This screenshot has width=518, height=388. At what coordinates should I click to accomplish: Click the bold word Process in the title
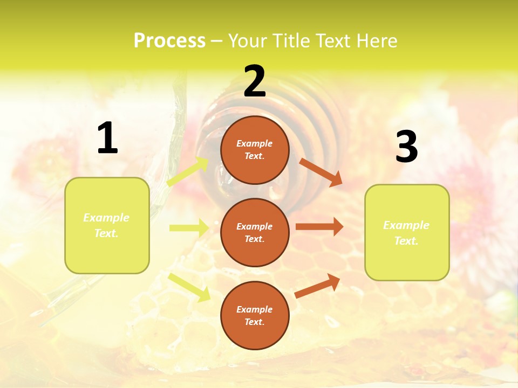[x=169, y=40]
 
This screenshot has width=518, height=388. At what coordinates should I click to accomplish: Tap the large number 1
[x=107, y=138]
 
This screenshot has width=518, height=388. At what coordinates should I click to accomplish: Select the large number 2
[x=255, y=81]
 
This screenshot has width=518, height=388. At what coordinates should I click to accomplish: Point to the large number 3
[x=407, y=147]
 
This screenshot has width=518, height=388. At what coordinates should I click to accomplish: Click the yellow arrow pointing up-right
[x=188, y=172]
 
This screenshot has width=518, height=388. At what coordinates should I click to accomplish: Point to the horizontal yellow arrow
[x=188, y=228]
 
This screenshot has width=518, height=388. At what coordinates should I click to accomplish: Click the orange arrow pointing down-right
[x=321, y=172]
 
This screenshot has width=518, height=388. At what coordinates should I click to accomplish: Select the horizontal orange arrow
[x=319, y=227]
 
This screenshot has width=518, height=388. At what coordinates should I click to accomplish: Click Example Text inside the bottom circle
[x=255, y=316]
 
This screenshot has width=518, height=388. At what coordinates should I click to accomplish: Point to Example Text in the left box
[x=107, y=225]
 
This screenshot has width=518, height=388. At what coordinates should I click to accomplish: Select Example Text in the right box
[x=407, y=233]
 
